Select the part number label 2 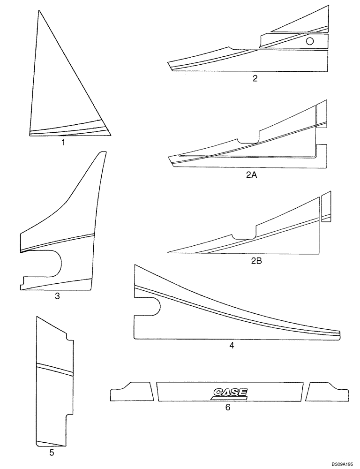(x=255, y=78)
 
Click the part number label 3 (x=57, y=296)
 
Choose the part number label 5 (x=52, y=453)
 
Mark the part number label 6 (x=228, y=408)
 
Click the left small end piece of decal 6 (x=132, y=392)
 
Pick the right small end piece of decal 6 (x=326, y=392)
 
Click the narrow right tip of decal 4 (x=337, y=333)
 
